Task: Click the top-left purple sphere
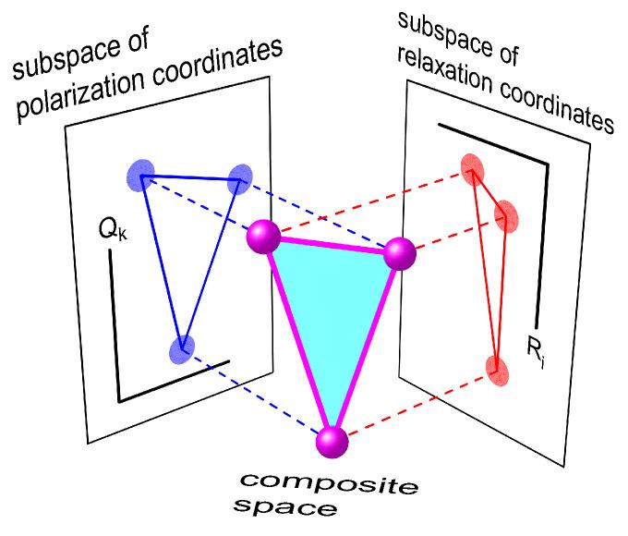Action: [264, 237]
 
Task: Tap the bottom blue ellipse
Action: [183, 349]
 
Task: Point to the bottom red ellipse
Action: [499, 368]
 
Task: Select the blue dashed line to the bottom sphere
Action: [259, 397]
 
